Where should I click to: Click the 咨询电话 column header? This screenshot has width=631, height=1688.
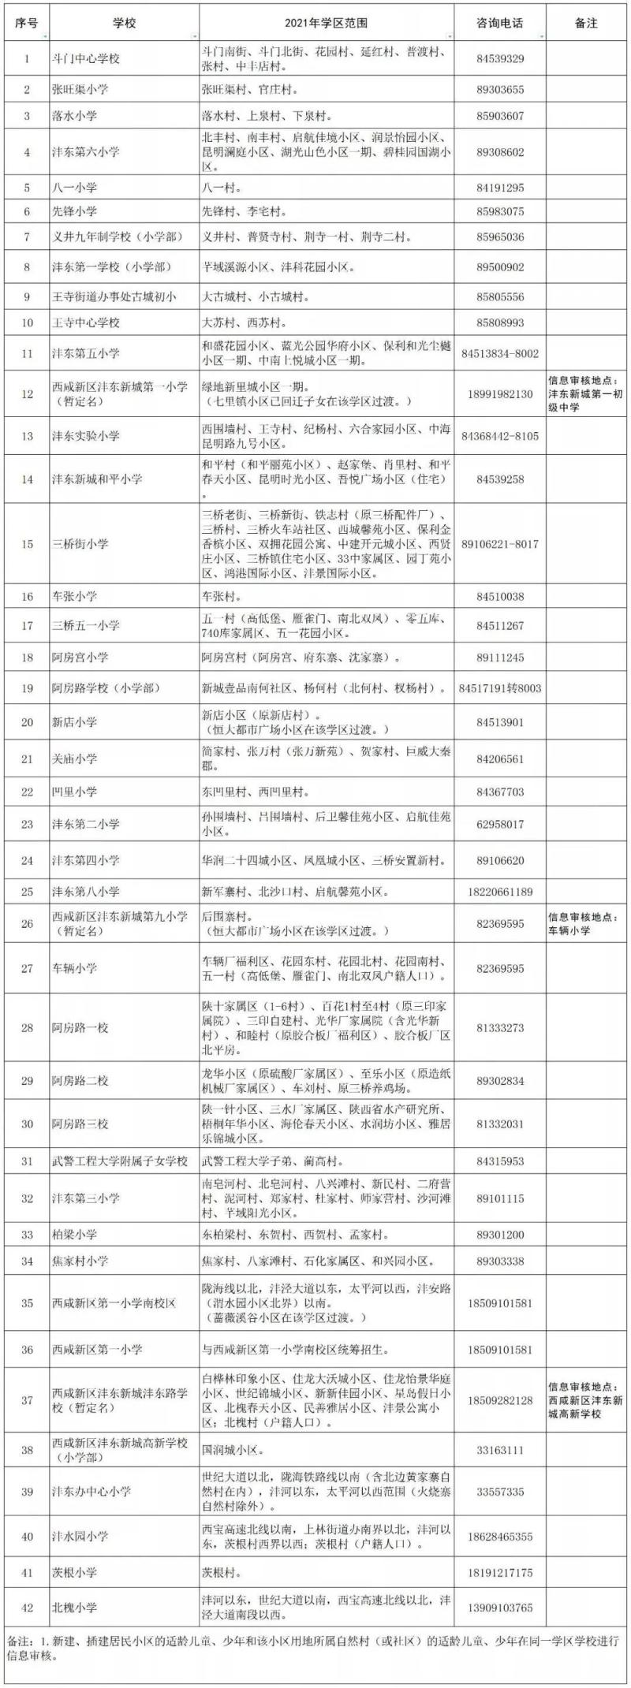click(x=500, y=24)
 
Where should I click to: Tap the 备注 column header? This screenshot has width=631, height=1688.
click(x=586, y=24)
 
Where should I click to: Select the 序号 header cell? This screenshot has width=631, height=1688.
click(x=27, y=24)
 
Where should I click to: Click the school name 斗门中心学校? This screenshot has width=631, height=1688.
click(x=86, y=58)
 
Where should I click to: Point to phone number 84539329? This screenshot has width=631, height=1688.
click(x=500, y=58)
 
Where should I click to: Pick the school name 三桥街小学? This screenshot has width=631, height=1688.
click(x=80, y=544)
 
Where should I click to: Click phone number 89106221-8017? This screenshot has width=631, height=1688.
click(x=500, y=544)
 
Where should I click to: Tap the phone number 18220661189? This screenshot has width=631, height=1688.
click(x=500, y=892)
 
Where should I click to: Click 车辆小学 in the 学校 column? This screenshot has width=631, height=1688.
click(x=75, y=968)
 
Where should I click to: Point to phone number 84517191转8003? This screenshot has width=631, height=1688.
click(x=500, y=688)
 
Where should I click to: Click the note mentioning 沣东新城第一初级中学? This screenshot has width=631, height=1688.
click(x=586, y=393)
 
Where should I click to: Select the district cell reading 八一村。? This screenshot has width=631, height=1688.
click(x=222, y=188)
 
